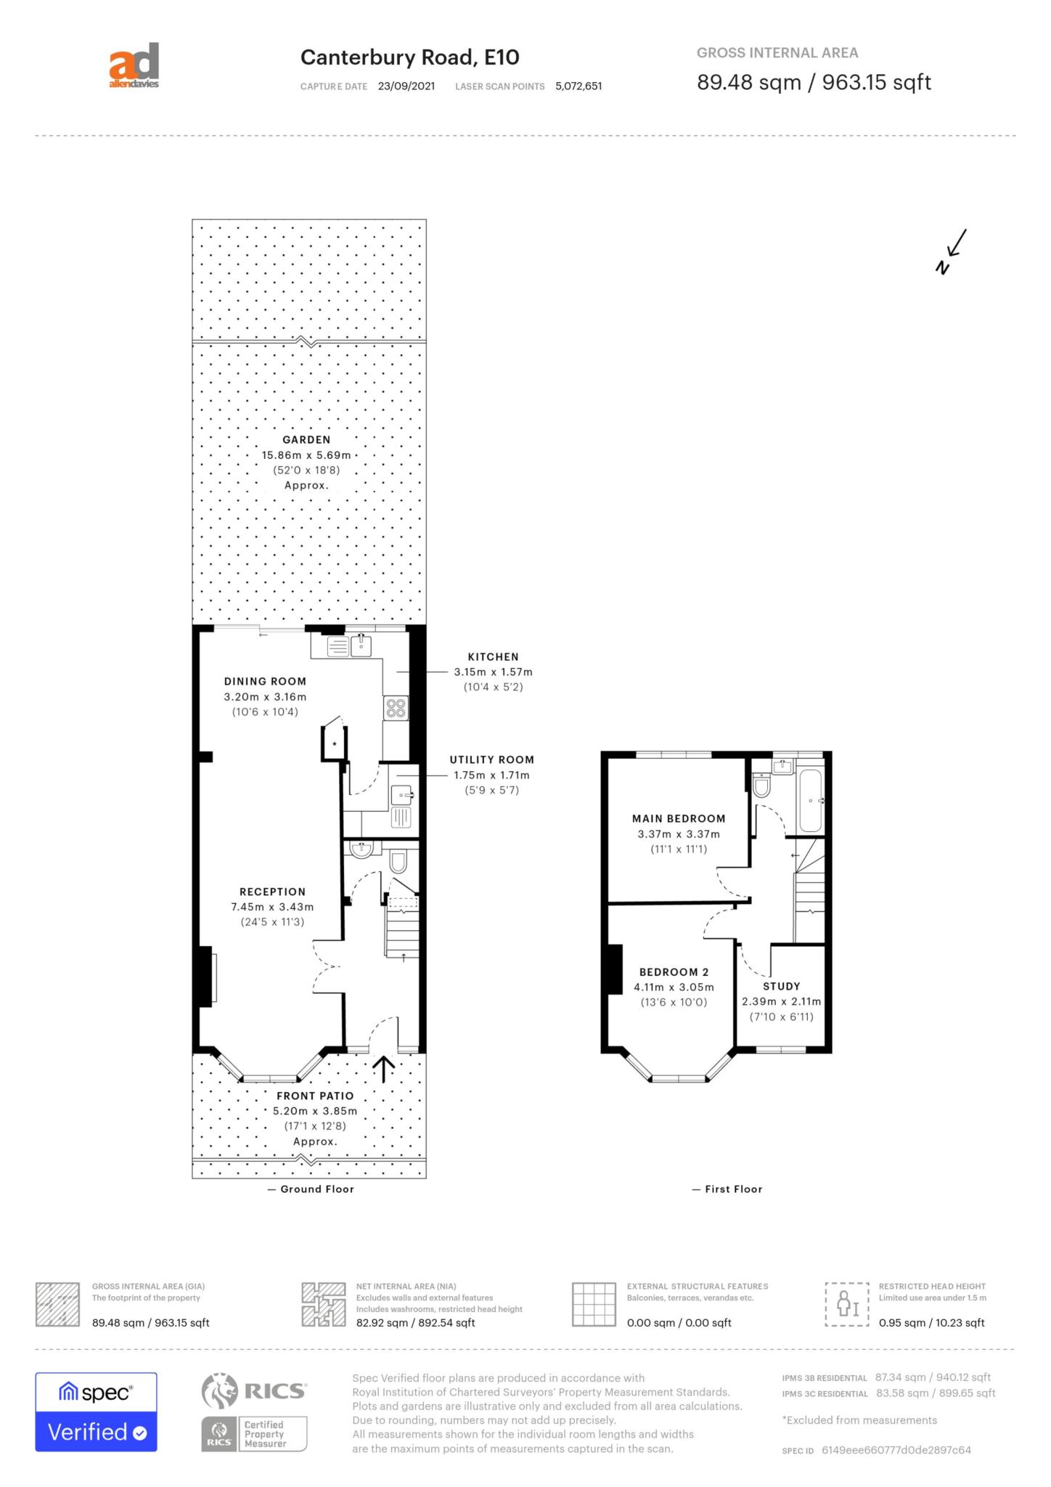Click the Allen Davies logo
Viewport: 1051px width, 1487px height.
pyautogui.click(x=134, y=66)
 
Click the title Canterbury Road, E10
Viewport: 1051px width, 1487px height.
pyautogui.click(x=410, y=57)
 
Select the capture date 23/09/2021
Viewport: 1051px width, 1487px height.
pyautogui.click(x=406, y=86)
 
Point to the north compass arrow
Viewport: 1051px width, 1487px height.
pyautogui.click(x=952, y=251)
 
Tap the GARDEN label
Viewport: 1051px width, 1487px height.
pyautogui.click(x=306, y=439)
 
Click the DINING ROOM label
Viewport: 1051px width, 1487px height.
pyautogui.click(x=265, y=681)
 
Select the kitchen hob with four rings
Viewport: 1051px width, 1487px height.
pyautogui.click(x=396, y=708)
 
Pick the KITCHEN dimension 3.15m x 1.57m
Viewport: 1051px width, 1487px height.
pyautogui.click(x=494, y=672)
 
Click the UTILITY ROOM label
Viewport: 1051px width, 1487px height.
pyautogui.click(x=492, y=759)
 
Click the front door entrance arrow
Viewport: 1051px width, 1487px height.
pyautogui.click(x=383, y=1069)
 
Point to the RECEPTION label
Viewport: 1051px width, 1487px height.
pyautogui.click(x=273, y=892)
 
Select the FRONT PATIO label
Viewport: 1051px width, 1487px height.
pyautogui.click(x=315, y=1096)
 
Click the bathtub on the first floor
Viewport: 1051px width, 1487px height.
pyautogui.click(x=810, y=800)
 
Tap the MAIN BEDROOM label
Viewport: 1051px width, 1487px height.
pyautogui.click(x=679, y=818)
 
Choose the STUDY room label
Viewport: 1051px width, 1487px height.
pyautogui.click(x=782, y=986)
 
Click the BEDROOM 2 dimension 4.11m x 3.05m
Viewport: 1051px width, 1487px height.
pyautogui.click(x=674, y=987)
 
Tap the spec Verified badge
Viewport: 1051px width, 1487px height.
pyautogui.click(x=97, y=1412)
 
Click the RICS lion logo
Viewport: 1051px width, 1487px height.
pyautogui.click(x=219, y=1390)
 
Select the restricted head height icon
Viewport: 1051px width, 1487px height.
pyautogui.click(x=847, y=1305)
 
